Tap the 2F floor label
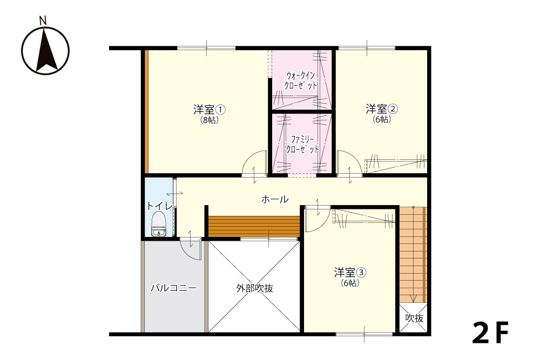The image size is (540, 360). pos(490,333)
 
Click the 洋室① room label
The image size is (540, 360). pos(210,110)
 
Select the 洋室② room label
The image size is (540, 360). pos(382,109)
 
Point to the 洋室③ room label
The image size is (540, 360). pos(350,273)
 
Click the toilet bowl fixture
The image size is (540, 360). pos(158,224)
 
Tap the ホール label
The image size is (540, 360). pos(275,199)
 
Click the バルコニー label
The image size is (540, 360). pos(174,288)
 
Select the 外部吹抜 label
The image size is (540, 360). pos(255,288)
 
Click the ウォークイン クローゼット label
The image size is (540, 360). pos(301,80)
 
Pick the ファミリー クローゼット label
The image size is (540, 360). pos(302,145)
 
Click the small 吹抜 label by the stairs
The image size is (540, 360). pos(414,318)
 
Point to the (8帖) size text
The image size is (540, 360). pos(210,120)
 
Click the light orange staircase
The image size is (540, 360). pos(413,255)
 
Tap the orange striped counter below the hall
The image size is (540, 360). pos(254,226)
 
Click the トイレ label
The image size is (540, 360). pos(159,206)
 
